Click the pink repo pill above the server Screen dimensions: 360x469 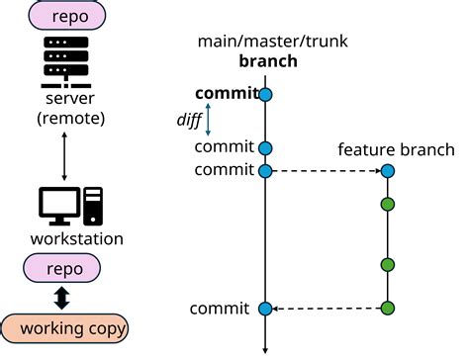point(63,17)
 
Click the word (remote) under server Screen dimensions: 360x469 point(63,120)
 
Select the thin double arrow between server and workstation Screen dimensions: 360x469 point(63,155)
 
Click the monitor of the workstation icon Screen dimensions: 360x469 point(58,205)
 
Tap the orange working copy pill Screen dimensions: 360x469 point(63,327)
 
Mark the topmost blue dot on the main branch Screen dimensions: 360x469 point(265,95)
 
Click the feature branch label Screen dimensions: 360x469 point(396,149)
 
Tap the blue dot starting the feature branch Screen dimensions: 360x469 point(388,171)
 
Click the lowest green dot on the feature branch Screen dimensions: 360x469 point(388,309)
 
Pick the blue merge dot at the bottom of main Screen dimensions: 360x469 point(265,310)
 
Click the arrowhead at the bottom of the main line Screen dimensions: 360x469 point(265,348)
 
